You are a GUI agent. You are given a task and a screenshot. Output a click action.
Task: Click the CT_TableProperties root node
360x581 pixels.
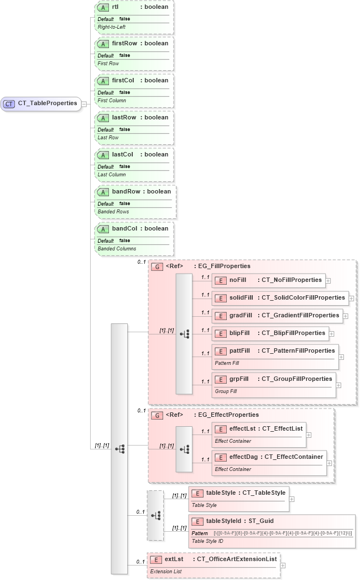click(41, 103)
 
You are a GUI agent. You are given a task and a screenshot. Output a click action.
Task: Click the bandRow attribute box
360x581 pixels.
click(135, 201)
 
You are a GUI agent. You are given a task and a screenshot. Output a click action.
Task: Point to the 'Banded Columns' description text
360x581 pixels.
click(117, 249)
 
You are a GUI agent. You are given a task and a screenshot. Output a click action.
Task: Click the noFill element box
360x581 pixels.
click(268, 280)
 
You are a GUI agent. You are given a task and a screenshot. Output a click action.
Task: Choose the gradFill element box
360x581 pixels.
click(277, 316)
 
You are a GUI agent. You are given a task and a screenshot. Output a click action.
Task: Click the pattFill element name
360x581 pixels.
click(240, 350)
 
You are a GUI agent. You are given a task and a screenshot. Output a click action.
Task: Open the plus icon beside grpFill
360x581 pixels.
click(338, 385)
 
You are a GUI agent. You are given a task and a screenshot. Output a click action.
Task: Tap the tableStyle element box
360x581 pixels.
click(238, 497)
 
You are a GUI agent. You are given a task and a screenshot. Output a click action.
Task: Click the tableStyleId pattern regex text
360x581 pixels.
click(283, 533)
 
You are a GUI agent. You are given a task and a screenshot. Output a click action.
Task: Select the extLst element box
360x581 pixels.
click(213, 564)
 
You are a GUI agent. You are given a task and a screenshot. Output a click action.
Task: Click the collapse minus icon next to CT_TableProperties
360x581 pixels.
click(84, 103)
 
